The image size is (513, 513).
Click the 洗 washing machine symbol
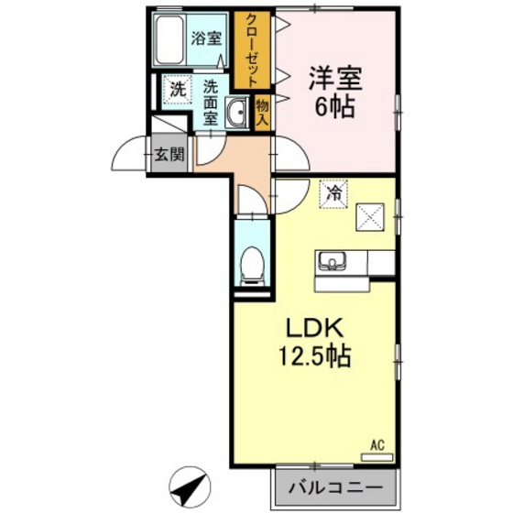[x=173, y=90]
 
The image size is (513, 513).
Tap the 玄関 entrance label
[x=169, y=153]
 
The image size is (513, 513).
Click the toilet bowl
[x=250, y=267]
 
